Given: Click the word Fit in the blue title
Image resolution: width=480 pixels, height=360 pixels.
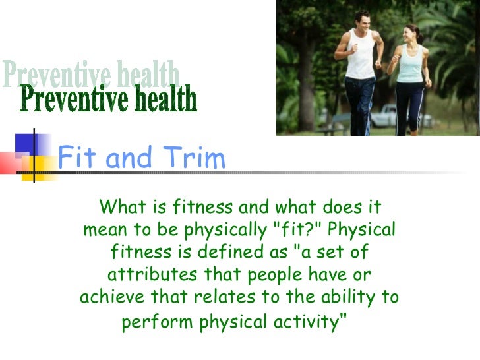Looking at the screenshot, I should point(78,159).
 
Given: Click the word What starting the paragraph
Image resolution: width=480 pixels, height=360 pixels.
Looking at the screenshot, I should point(121,208).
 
